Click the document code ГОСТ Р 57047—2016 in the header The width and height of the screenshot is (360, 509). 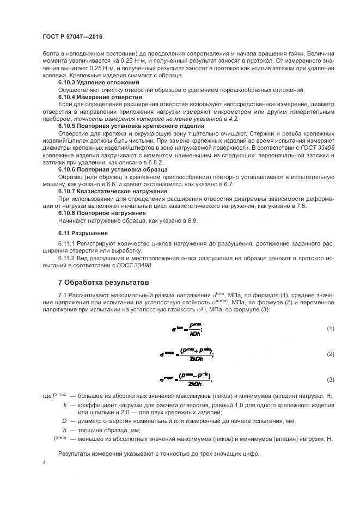pos(72,36)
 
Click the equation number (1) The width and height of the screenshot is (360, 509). pos(330,328)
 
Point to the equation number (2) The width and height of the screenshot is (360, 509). pos(330,354)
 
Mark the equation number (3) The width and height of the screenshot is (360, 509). pos(330,379)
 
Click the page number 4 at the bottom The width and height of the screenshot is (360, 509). pos(44,462)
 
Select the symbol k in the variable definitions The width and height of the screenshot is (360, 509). pos(65,406)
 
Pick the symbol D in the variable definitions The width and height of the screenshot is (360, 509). pos(64,421)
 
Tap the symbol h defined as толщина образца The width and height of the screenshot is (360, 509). pos(65,430)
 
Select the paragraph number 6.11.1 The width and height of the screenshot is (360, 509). pos(68,243)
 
